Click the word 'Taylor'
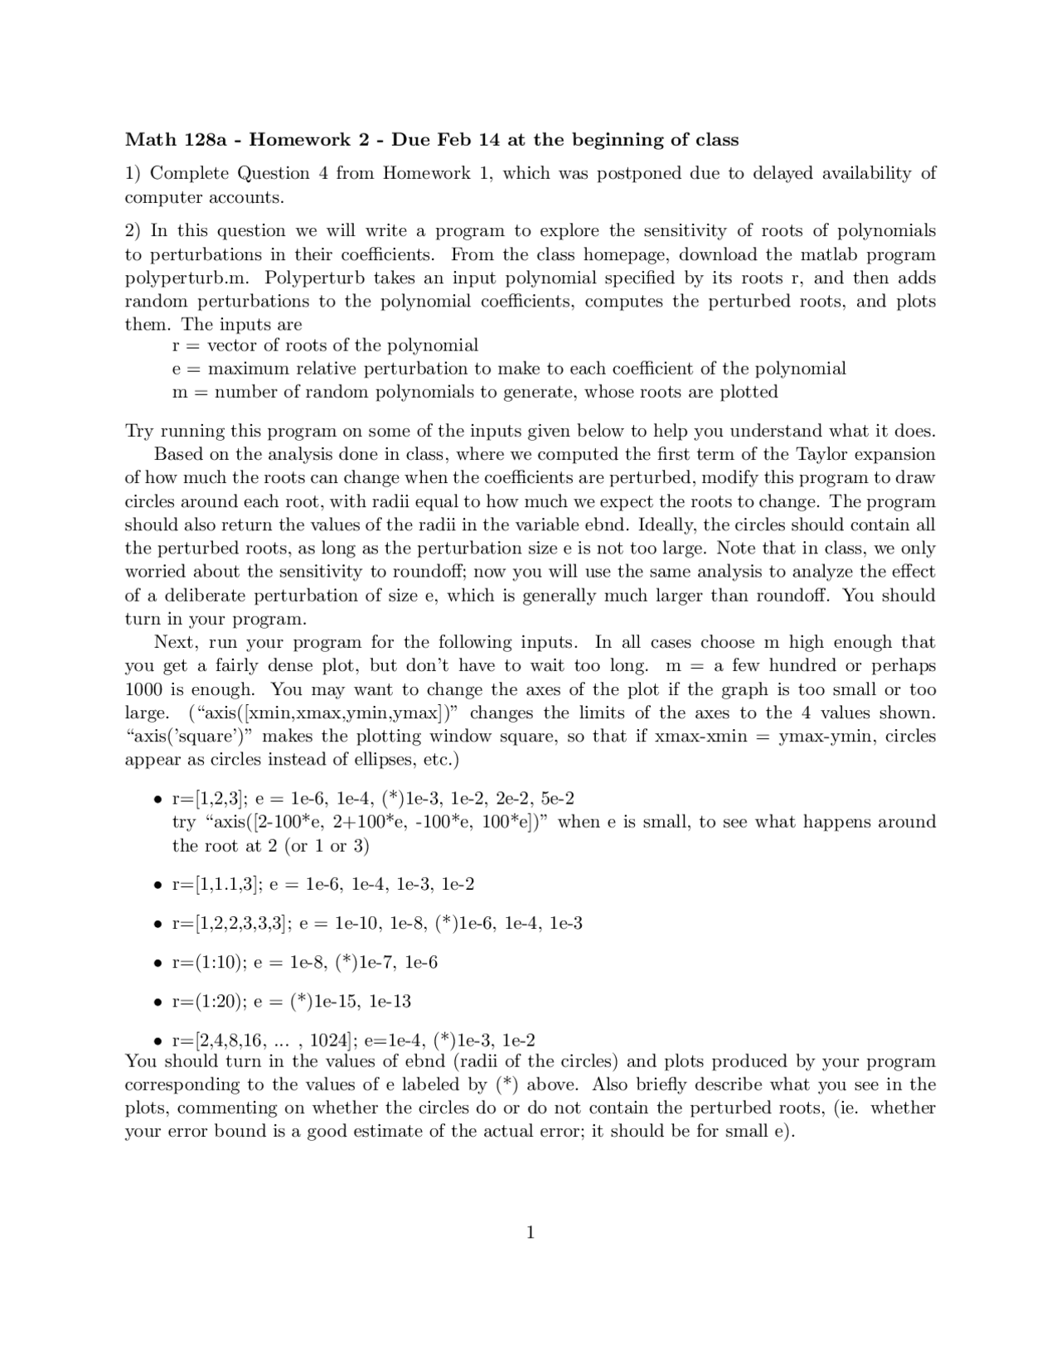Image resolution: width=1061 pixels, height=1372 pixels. (821, 454)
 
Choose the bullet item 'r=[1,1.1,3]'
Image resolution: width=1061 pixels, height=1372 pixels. (216, 884)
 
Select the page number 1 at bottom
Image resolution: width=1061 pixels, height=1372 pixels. (530, 1233)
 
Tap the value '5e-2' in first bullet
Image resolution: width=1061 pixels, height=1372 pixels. (557, 798)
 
